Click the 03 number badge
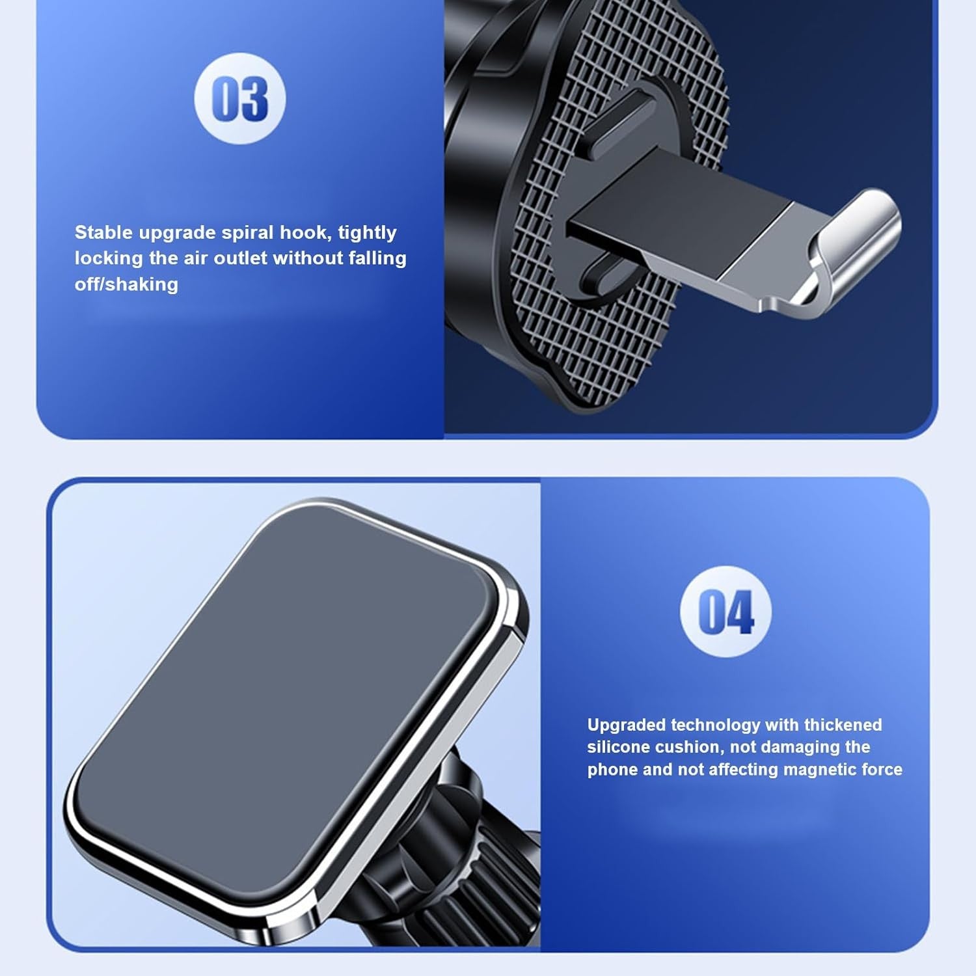[x=240, y=99]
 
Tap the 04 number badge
[x=725, y=612]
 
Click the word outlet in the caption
[x=240, y=258]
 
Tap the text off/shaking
[x=126, y=284]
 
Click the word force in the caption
[x=882, y=769]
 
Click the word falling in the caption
[x=377, y=258]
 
